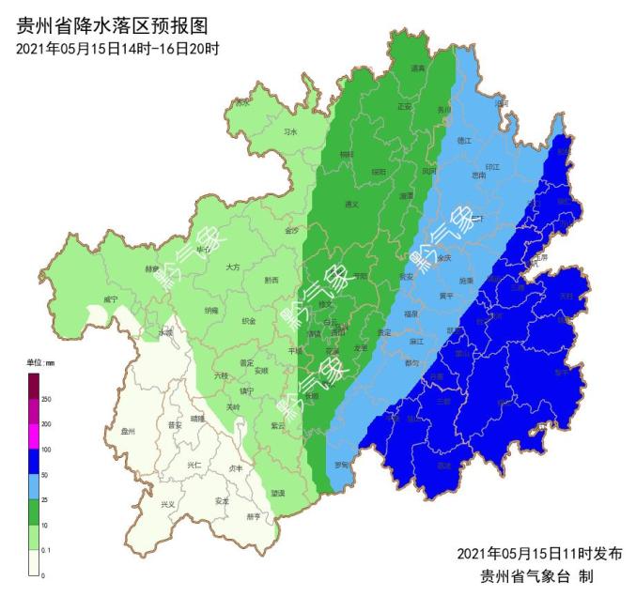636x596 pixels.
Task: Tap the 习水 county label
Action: [x=290, y=132]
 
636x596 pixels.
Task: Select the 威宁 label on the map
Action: [x=112, y=299]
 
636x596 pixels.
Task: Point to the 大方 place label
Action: [x=234, y=267]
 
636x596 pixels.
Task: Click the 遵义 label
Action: [x=352, y=204]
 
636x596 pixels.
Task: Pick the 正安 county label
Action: [x=405, y=106]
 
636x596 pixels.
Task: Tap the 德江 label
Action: [x=462, y=140]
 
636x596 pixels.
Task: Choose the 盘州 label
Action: [x=129, y=432]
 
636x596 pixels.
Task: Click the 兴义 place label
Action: [x=167, y=504]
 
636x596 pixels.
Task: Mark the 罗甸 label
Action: [x=342, y=464]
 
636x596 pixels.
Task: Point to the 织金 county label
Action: [x=249, y=321]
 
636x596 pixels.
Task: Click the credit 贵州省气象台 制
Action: [x=535, y=575]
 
